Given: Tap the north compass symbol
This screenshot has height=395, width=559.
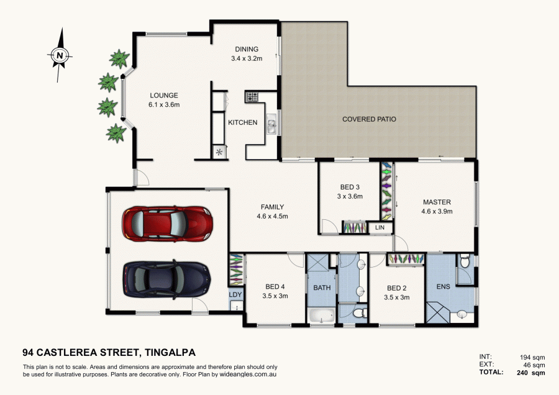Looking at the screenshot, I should pyautogui.click(x=59, y=55).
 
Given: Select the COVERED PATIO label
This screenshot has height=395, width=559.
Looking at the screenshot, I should pyautogui.click(x=369, y=119).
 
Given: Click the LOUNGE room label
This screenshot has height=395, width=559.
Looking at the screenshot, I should pyautogui.click(x=164, y=96).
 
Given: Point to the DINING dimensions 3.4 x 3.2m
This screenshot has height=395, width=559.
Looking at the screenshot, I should pyautogui.click(x=246, y=59).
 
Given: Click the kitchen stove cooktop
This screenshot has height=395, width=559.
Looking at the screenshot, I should pyautogui.click(x=252, y=96).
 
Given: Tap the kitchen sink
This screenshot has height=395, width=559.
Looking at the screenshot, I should pyautogui.click(x=272, y=127).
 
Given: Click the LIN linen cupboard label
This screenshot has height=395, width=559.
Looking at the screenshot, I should pyautogui.click(x=380, y=229).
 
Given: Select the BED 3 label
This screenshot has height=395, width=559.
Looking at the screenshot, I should pyautogui.click(x=350, y=187).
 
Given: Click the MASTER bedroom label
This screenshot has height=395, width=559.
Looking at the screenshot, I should pyautogui.click(x=437, y=202).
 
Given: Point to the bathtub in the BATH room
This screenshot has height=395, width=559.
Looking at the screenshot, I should pyautogui.click(x=322, y=317).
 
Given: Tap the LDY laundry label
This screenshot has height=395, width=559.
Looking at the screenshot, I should pyautogui.click(x=235, y=295).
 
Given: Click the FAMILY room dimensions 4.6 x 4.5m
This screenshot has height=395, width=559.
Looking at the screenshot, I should pyautogui.click(x=272, y=216).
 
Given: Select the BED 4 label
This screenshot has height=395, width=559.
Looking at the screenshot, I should pyautogui.click(x=275, y=287).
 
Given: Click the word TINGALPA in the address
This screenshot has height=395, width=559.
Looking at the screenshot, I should pyautogui.click(x=176, y=352).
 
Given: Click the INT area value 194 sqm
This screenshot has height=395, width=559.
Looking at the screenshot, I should pyautogui.click(x=532, y=356).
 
